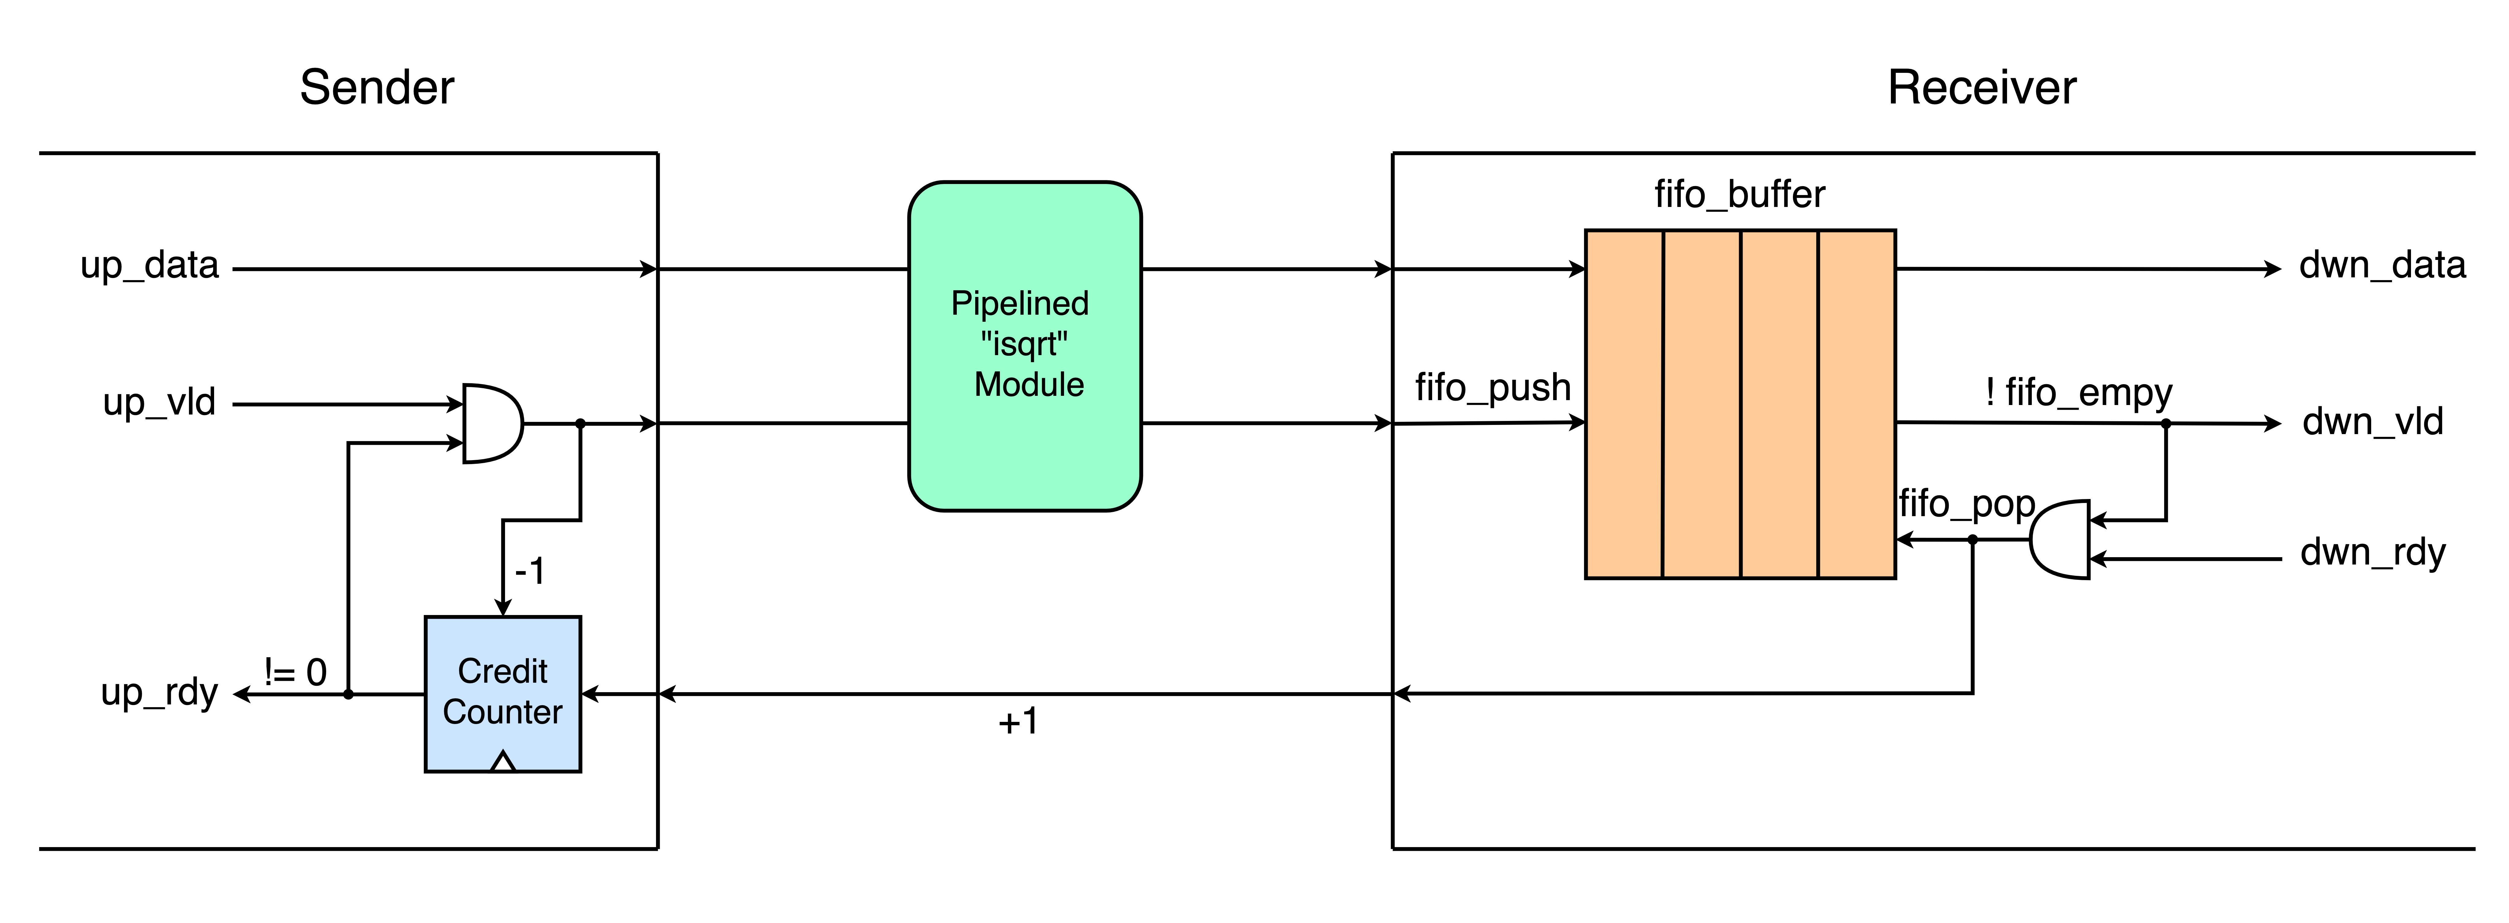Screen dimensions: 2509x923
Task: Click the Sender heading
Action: point(377,88)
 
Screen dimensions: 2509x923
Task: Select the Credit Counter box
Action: point(503,694)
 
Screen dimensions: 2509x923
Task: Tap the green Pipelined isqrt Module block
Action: point(1024,346)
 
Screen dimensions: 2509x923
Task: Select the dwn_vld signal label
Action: point(2373,422)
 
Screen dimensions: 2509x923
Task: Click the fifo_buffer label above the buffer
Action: point(1740,195)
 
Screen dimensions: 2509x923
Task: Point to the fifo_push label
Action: point(1493,388)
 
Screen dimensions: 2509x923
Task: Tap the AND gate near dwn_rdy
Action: point(2060,539)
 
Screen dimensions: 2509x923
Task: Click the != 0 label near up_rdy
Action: point(295,672)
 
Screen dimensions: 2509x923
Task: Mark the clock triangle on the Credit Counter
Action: point(503,761)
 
